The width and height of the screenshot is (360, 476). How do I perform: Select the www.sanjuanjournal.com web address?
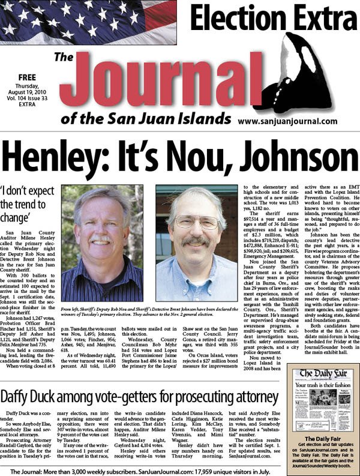(287, 121)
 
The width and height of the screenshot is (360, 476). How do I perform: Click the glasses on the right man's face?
(196, 221)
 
